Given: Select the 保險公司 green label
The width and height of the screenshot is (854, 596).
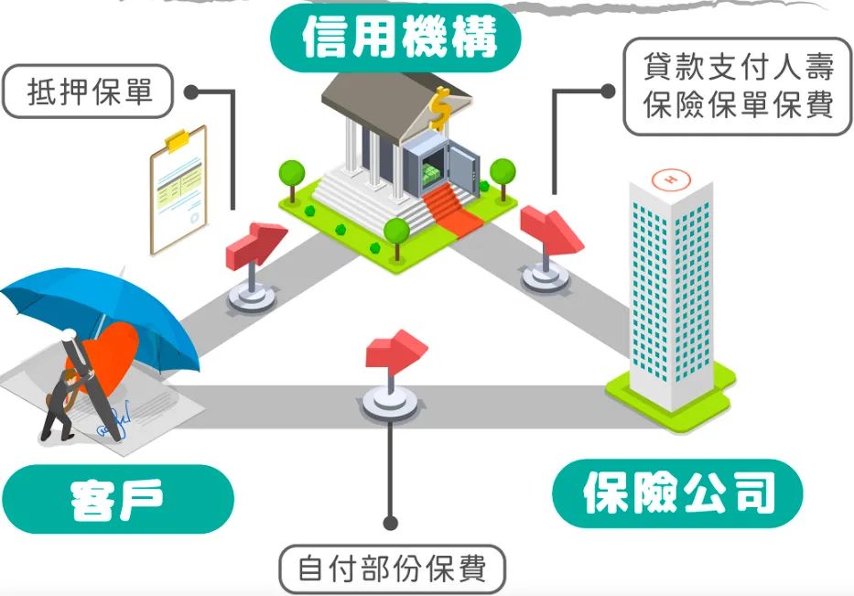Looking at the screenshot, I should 677,494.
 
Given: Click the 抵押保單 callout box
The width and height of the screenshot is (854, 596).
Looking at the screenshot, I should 89,92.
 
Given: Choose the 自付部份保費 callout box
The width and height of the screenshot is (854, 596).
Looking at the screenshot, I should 392,569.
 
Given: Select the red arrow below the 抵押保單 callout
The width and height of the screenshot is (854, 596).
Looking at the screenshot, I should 254,243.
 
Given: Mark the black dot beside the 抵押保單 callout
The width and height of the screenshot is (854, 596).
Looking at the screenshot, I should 191,92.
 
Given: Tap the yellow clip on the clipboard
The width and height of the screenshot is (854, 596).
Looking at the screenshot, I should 177,141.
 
